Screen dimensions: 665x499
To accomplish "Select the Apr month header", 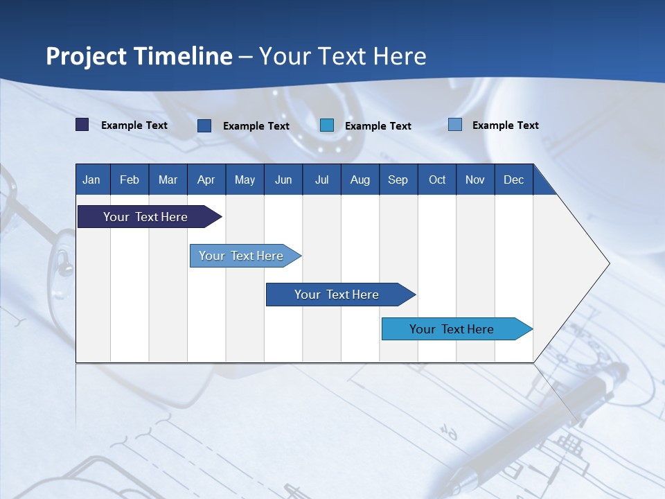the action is (x=206, y=180).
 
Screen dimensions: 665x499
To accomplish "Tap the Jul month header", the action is (x=322, y=180).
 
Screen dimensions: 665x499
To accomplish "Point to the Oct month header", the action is (x=437, y=180).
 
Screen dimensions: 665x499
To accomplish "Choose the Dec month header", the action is (x=514, y=180).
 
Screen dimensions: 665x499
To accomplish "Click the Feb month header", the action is (x=130, y=180).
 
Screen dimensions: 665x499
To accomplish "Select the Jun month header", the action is (x=283, y=180).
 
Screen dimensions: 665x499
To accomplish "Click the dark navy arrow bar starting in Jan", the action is (x=150, y=216).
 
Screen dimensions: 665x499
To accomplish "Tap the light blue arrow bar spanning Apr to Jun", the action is (x=245, y=256).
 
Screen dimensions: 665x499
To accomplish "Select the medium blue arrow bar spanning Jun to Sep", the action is (x=341, y=295).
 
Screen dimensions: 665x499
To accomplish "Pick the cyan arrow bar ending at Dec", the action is (x=457, y=329).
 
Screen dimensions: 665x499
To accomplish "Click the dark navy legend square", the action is (x=82, y=125).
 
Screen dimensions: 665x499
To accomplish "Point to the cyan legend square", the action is (x=327, y=125).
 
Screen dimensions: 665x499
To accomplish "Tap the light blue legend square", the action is (x=455, y=124).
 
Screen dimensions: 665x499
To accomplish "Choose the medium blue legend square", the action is (x=204, y=125).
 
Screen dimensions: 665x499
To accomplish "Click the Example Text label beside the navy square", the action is (x=134, y=125).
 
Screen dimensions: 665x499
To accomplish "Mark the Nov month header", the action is (x=475, y=180).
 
